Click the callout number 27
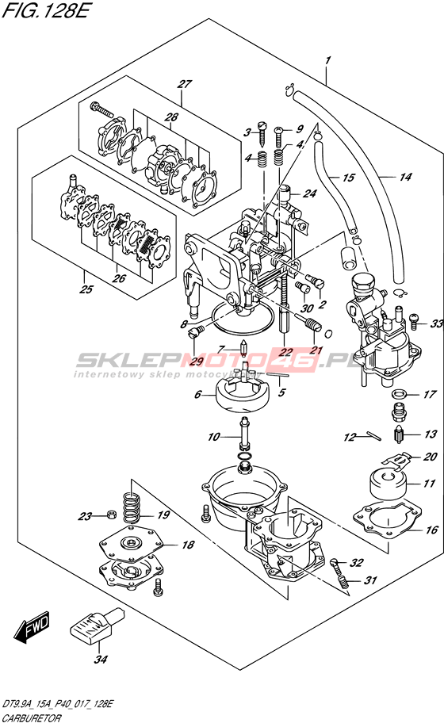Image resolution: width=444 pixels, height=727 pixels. [x=184, y=84]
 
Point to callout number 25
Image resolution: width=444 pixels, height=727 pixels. [x=86, y=289]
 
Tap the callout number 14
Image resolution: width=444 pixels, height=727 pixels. [x=405, y=177]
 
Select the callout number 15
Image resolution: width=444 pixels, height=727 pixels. [x=349, y=178]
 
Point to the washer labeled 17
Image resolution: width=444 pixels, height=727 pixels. [x=398, y=395]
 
